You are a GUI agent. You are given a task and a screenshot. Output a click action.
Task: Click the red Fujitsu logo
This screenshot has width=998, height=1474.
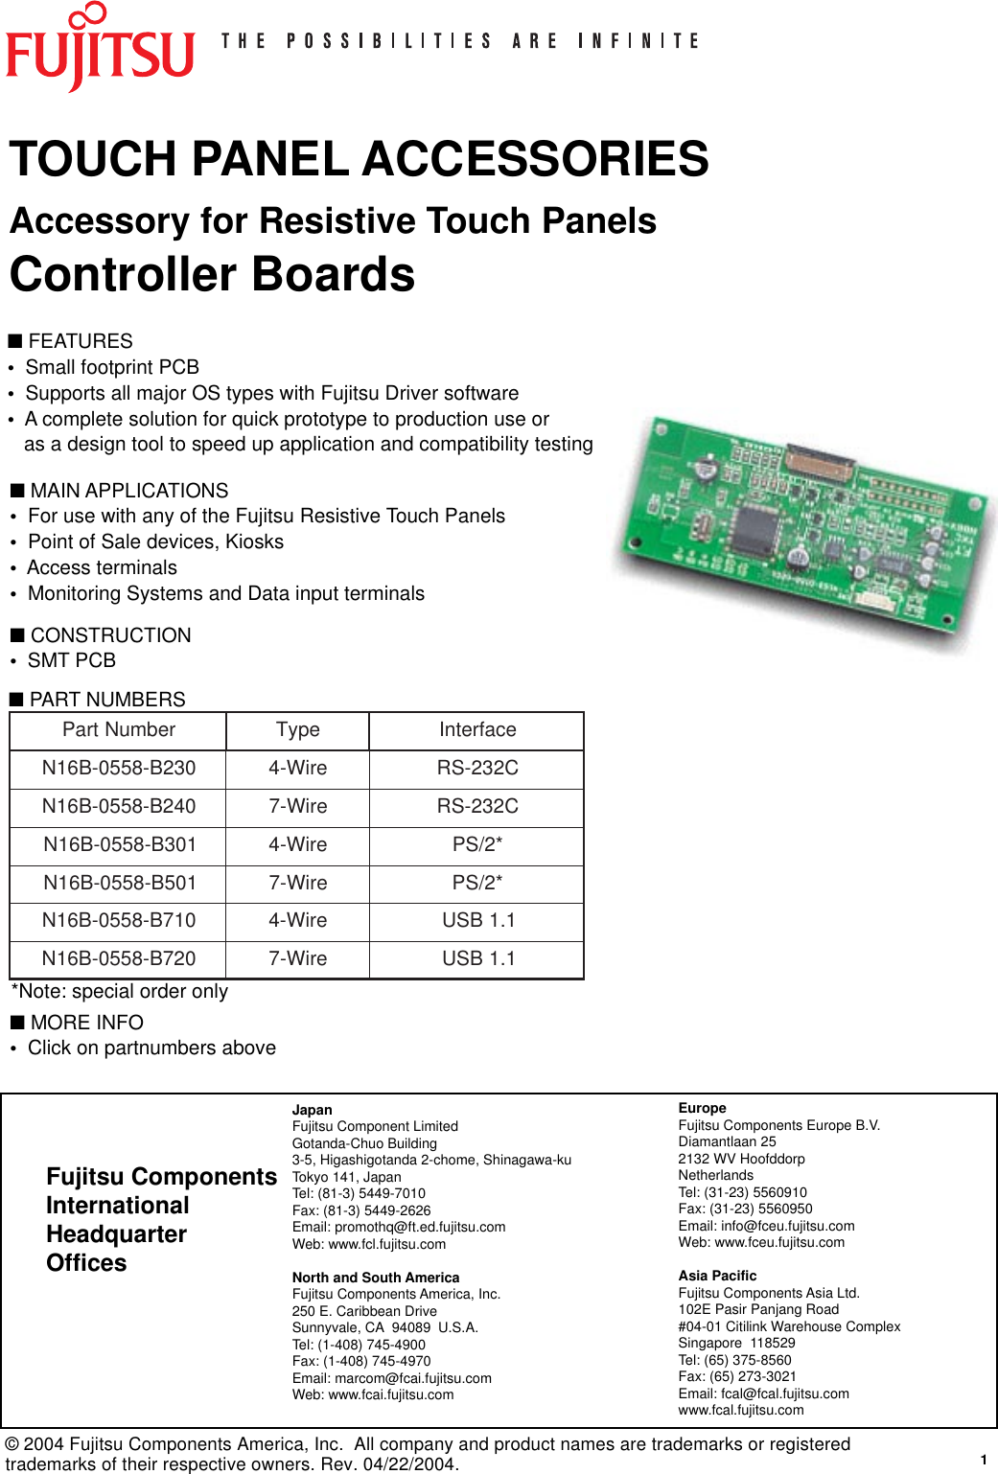pos(100,50)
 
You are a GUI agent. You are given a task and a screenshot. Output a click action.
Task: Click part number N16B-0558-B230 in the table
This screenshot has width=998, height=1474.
pos(119,768)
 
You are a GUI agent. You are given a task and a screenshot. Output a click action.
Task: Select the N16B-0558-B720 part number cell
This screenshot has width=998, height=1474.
pos(119,958)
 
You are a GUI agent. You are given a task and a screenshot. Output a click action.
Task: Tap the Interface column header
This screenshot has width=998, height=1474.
pos(477,730)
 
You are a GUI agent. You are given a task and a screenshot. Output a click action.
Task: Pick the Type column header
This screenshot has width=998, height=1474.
pos(297,730)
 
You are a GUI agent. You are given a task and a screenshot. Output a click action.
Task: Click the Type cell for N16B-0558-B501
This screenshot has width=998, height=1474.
pos(297,883)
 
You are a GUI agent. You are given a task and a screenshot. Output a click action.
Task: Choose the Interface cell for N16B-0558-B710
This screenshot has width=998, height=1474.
pos(477,920)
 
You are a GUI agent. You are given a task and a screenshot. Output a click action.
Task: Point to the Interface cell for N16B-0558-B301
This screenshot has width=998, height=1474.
pos(477,844)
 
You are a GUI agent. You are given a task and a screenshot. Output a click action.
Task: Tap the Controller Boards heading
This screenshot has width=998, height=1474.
pos(212,275)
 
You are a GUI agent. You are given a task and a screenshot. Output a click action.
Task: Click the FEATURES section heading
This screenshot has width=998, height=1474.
pos(81,341)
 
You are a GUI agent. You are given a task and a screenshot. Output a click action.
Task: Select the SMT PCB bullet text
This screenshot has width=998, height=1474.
pos(72,660)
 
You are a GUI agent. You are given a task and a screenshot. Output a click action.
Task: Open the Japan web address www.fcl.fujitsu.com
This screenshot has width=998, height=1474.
pos(387,1244)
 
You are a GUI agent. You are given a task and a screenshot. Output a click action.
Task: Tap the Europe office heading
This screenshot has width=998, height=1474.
pos(702,1108)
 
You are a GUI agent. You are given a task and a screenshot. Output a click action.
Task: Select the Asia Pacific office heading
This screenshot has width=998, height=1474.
pos(717,1276)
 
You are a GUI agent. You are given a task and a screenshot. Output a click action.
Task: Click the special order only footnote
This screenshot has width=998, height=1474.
pos(120,991)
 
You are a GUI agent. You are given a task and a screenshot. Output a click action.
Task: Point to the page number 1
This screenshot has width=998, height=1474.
pos(984,1460)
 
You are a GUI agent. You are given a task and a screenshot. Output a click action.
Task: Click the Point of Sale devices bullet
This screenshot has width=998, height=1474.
pos(155,541)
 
